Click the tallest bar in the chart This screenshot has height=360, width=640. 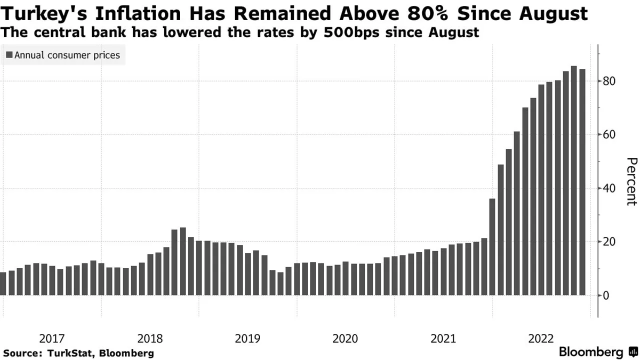click(573, 180)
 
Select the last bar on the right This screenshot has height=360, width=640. click(582, 182)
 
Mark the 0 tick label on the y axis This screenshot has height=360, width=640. click(606, 295)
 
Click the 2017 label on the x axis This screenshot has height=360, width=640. click(51, 338)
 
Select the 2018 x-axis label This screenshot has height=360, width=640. click(149, 338)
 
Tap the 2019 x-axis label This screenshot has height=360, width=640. click(247, 338)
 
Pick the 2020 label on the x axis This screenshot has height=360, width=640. click(345, 338)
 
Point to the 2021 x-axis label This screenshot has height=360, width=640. click(443, 338)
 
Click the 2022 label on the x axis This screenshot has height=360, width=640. click(541, 338)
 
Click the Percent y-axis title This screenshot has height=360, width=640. click(631, 181)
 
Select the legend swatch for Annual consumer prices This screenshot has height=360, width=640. click(9, 55)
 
